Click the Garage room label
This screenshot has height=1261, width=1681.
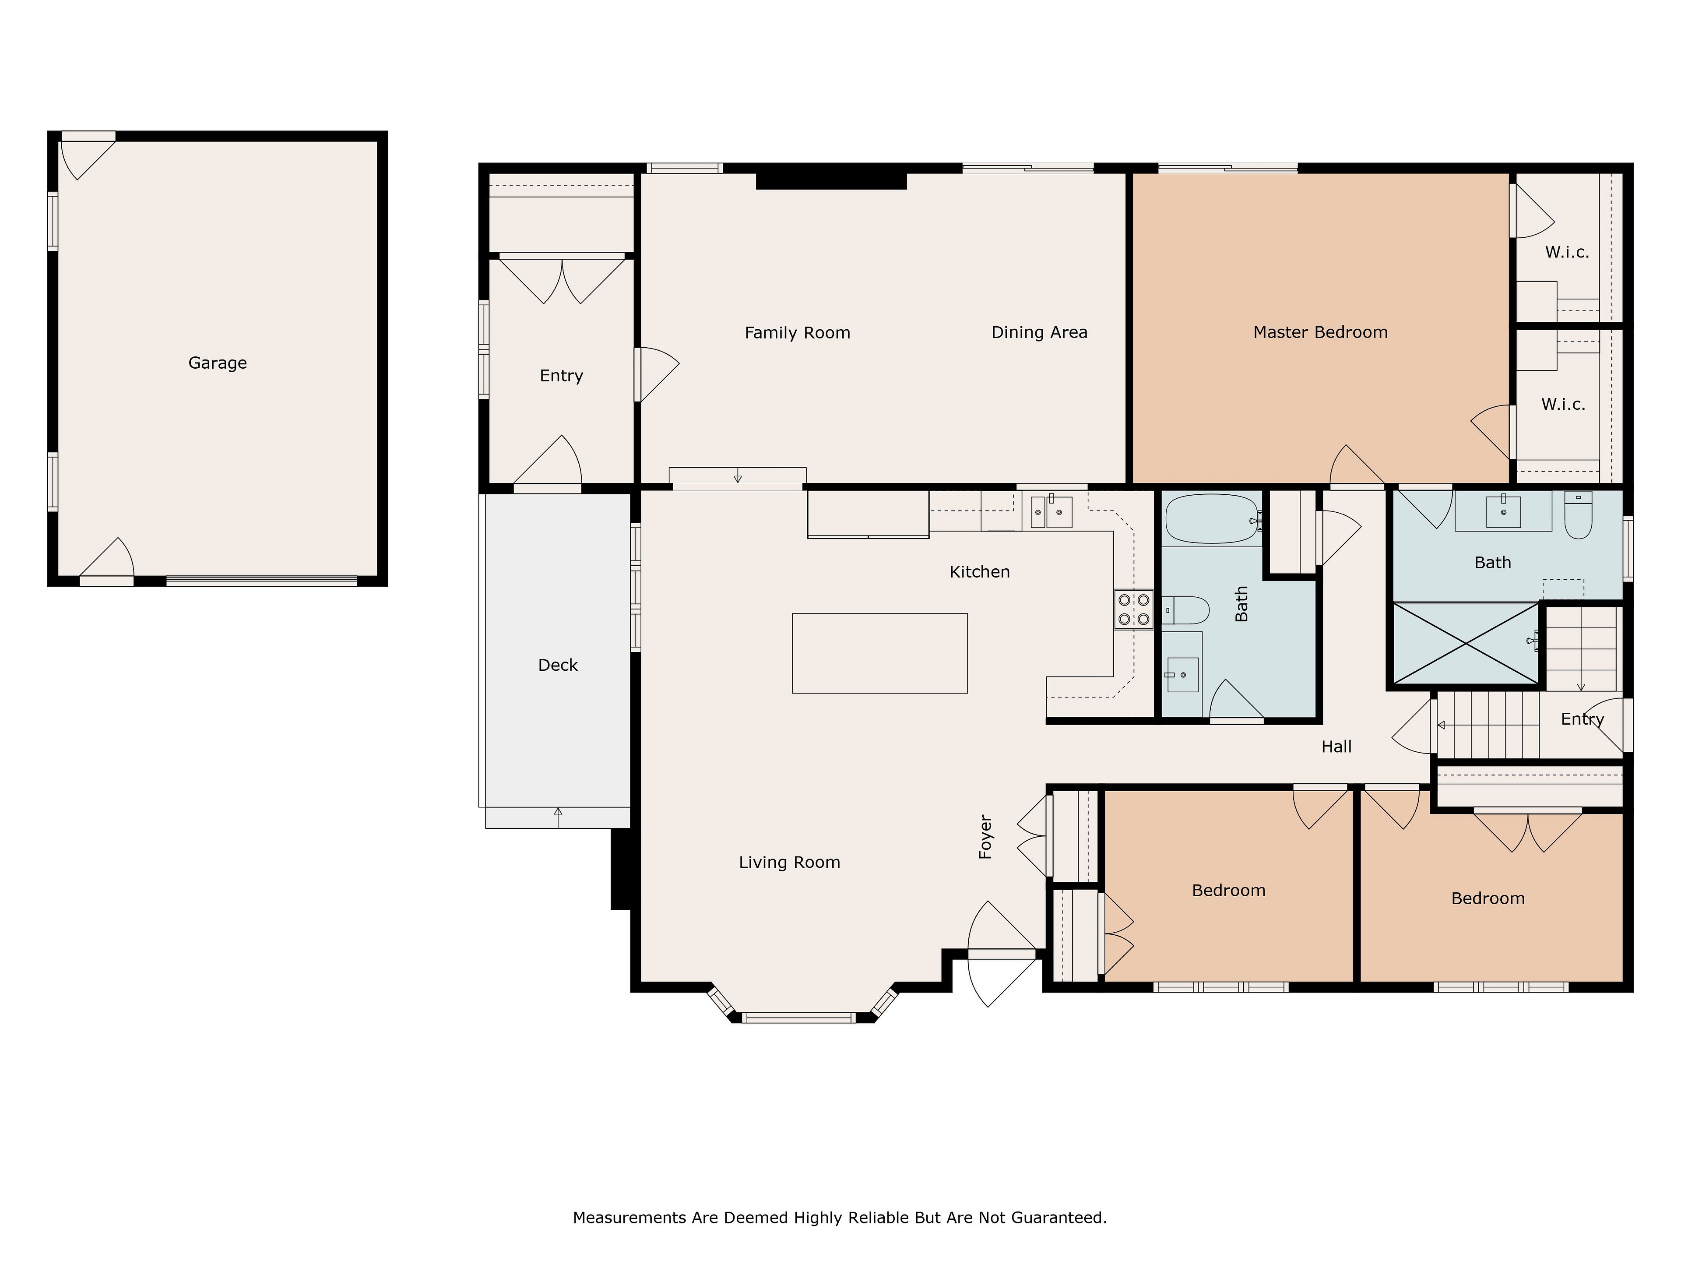217,363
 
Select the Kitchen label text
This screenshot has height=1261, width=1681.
980,571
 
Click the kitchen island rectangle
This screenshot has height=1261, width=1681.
879,653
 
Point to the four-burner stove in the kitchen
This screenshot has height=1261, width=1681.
1133,609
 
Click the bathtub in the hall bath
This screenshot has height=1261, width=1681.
1212,518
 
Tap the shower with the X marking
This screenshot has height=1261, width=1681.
1465,643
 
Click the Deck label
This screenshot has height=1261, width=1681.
558,665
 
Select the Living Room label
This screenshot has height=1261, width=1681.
790,862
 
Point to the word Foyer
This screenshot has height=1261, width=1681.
986,837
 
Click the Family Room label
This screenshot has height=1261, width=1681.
797,332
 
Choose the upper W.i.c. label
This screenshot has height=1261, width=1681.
1567,252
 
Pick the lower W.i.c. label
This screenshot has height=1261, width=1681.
1563,405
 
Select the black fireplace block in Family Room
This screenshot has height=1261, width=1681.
831,181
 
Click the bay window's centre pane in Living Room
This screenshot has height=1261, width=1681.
799,1017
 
